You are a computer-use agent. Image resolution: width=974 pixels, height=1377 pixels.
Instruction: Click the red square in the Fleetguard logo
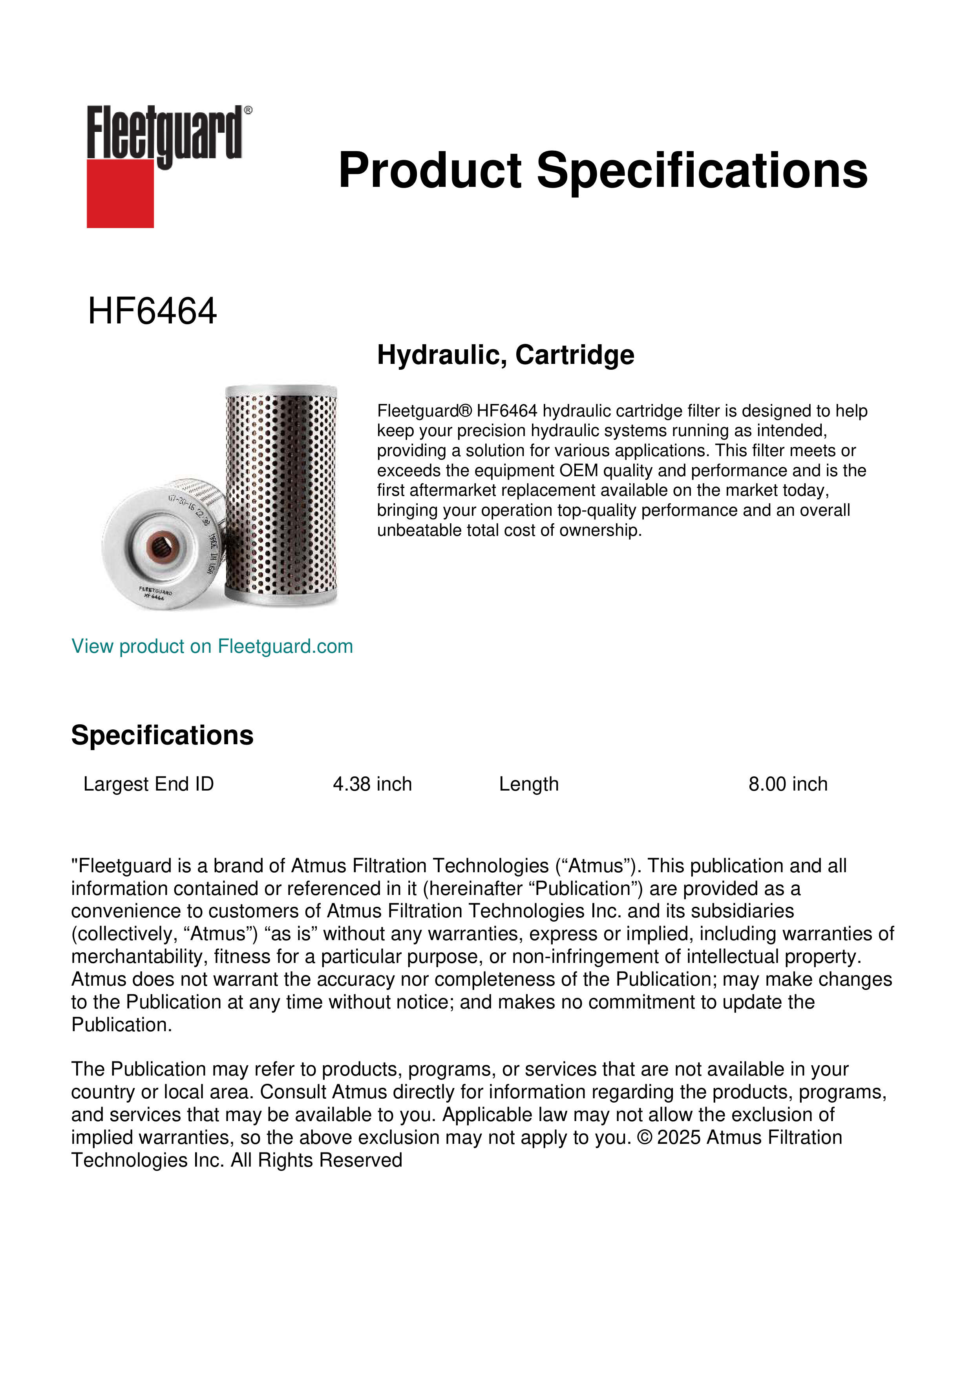(120, 193)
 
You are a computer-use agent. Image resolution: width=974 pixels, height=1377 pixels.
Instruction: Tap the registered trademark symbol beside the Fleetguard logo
(248, 110)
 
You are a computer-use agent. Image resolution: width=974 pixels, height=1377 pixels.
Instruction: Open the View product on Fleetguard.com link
(212, 646)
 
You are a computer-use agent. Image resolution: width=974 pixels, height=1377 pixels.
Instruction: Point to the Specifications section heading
(162, 735)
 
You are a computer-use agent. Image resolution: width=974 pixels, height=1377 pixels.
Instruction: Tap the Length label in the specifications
(528, 784)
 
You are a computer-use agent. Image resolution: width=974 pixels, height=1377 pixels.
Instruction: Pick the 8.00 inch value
(788, 784)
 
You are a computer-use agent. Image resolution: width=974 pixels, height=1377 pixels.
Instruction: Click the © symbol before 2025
(644, 1138)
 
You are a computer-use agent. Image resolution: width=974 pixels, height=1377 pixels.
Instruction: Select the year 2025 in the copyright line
(679, 1138)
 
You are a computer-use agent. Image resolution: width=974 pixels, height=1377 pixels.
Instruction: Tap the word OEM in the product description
(579, 471)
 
